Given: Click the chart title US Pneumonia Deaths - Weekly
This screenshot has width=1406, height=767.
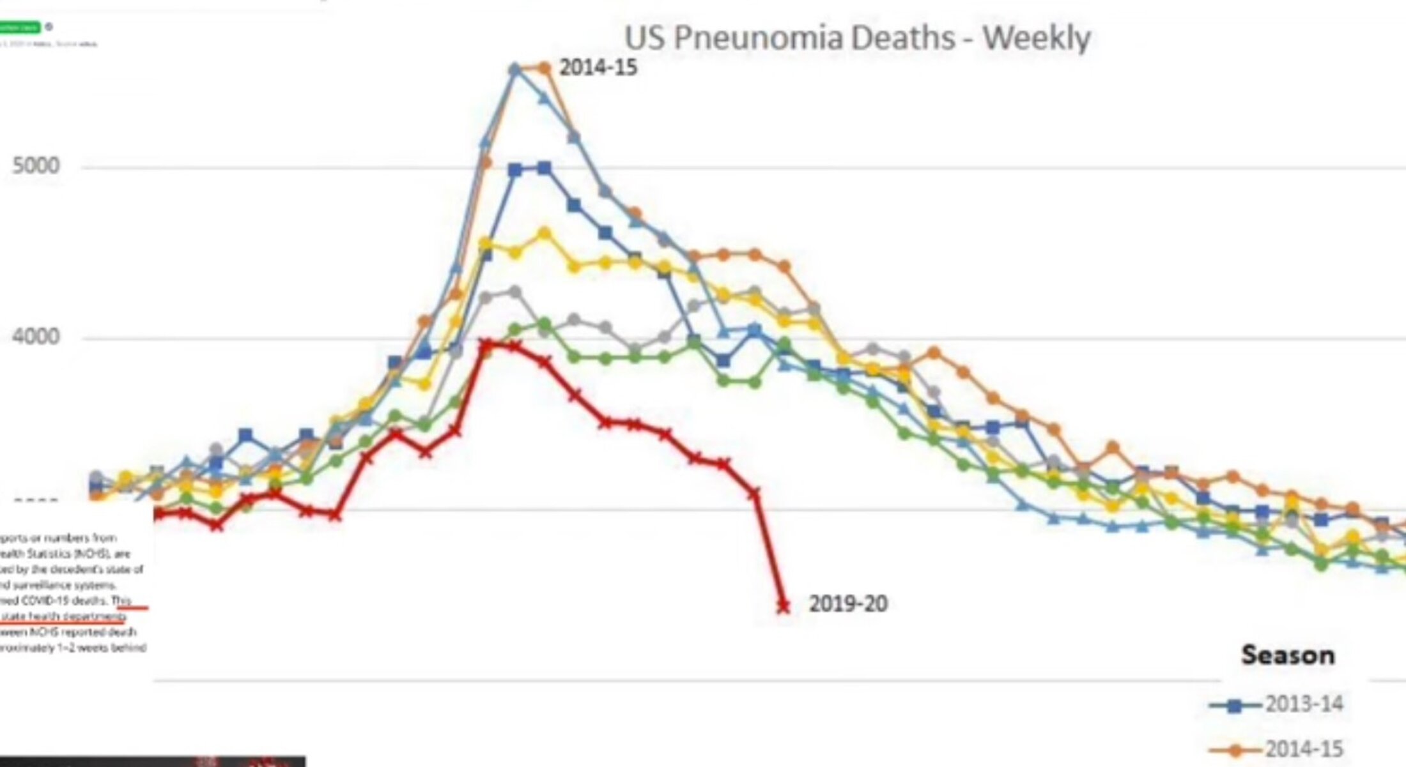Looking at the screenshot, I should tap(857, 38).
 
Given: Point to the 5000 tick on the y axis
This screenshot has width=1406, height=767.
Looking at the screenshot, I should tap(36, 166).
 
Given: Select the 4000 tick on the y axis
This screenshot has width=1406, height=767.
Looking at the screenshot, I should tap(36, 337).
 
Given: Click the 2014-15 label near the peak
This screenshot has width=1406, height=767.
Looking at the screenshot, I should tap(598, 68).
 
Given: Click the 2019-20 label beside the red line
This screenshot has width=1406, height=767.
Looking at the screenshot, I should tap(848, 604).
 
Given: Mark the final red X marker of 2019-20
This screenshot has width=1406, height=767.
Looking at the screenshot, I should tap(783, 606).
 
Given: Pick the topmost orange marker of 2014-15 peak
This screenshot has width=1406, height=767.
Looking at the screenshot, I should tap(544, 67).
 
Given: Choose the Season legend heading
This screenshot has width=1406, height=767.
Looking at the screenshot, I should tap(1288, 656).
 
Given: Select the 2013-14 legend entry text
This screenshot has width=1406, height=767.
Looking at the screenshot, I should tap(1304, 704).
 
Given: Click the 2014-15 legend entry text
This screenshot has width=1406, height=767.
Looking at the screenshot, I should tap(1304, 748).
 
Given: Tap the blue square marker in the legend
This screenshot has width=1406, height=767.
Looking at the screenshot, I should tap(1235, 706).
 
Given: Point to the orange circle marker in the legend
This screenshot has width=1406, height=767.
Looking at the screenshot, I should tap(1235, 750).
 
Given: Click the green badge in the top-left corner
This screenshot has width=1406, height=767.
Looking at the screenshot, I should tap(20, 27).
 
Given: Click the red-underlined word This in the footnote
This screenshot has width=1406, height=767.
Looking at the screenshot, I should tap(121, 601).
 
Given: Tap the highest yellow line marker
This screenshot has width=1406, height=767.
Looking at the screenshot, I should tap(545, 234).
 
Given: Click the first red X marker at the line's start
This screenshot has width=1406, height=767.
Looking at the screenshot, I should tap(157, 514).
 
